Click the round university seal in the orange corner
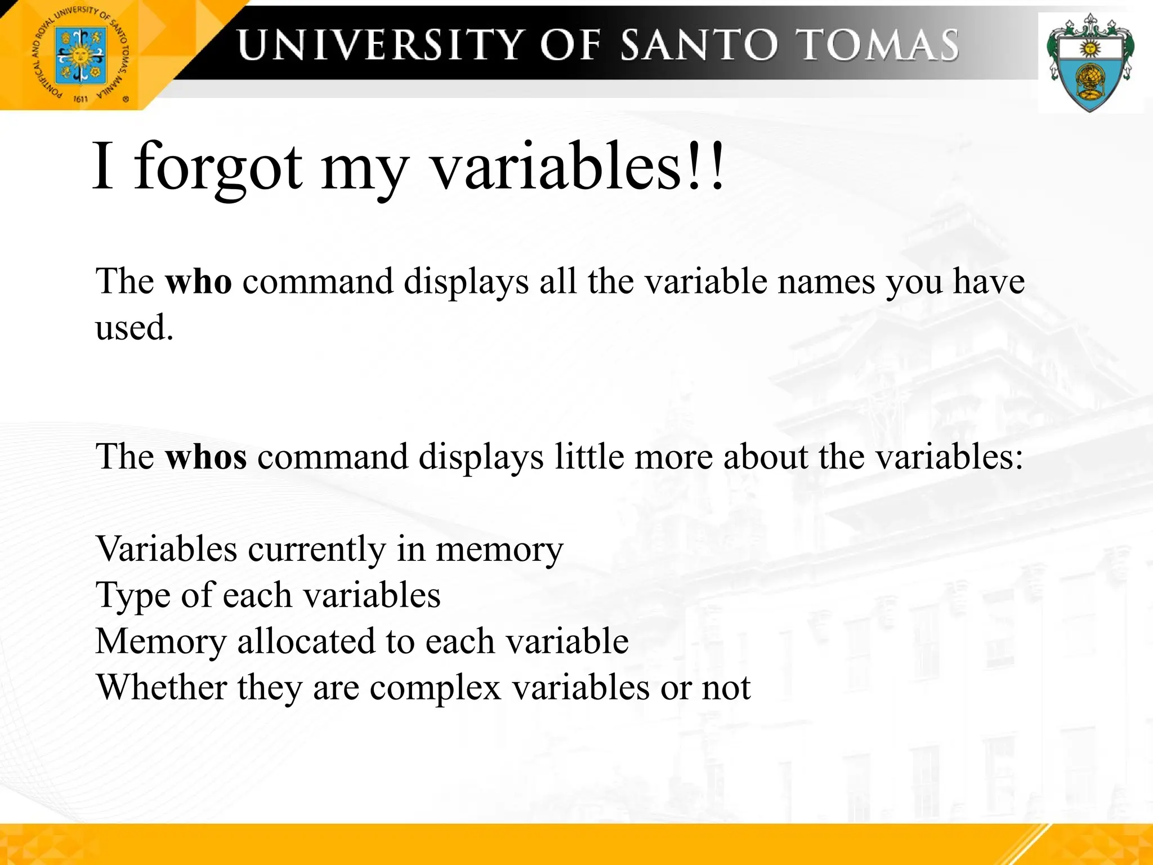click(79, 55)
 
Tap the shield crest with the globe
click(1090, 63)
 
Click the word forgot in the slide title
click(218, 168)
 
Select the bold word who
click(198, 281)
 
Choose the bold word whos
click(205, 456)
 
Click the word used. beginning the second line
click(134, 327)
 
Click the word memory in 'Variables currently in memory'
click(499, 549)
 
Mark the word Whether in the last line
click(161, 688)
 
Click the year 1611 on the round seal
click(81, 99)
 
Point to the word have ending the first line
click(989, 281)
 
